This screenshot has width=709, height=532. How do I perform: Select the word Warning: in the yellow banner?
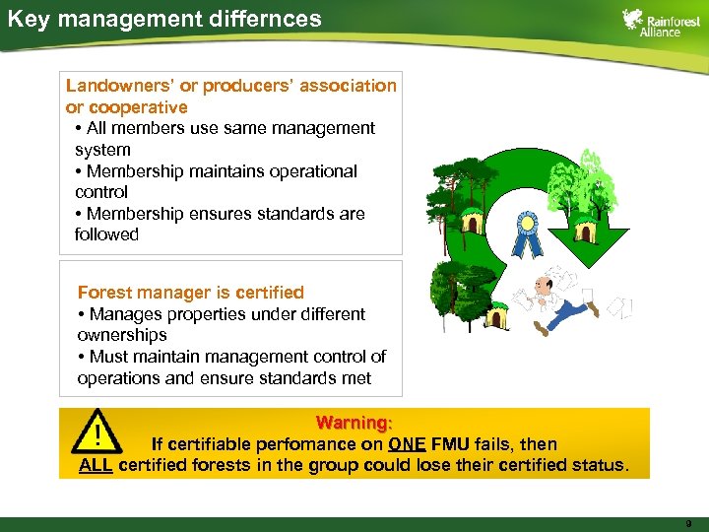coord(354,423)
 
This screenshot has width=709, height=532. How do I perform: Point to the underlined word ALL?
coord(96,465)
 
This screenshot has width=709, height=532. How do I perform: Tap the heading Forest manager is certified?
coord(190,293)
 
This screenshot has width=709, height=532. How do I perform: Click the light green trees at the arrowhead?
coord(588,187)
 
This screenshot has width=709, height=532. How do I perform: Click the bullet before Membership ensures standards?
coord(79,214)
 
